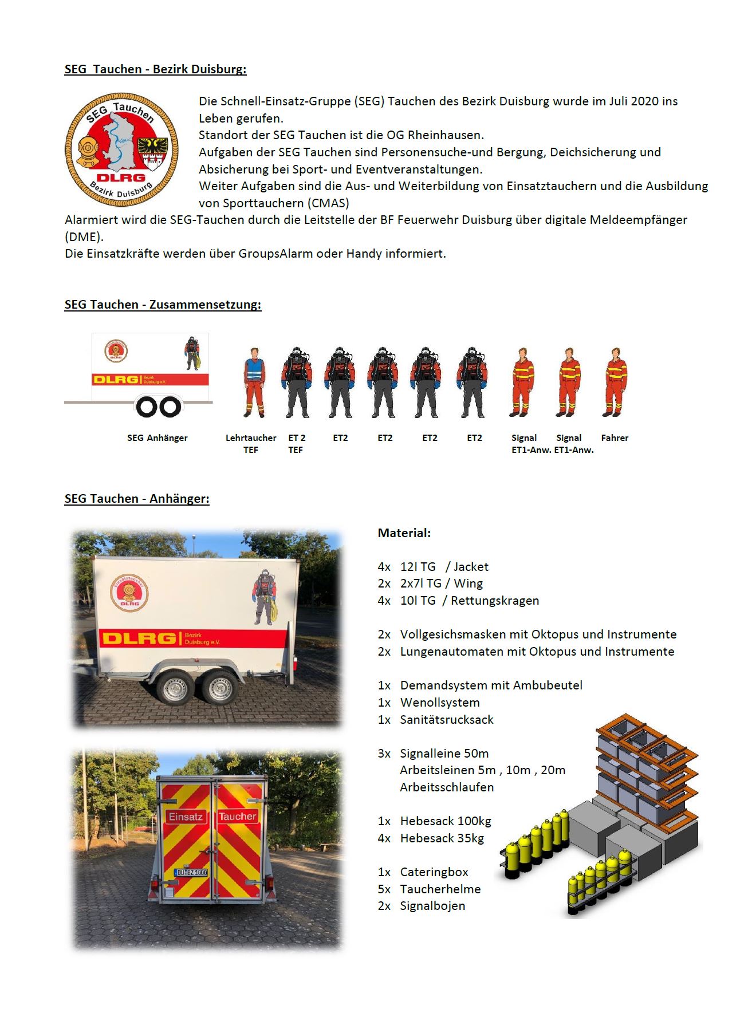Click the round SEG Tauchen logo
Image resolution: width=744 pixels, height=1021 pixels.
click(x=122, y=150)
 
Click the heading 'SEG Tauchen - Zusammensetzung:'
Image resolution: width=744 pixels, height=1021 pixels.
click(x=163, y=305)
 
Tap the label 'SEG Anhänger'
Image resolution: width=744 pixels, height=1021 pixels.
click(x=158, y=438)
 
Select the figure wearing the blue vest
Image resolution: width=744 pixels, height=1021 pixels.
click(x=254, y=383)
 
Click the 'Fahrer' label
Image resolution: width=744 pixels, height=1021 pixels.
click(x=615, y=438)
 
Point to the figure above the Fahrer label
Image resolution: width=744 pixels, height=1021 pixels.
click(x=615, y=383)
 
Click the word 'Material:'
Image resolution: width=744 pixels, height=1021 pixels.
click(x=404, y=533)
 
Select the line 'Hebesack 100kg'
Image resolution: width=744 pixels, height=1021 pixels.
click(x=446, y=821)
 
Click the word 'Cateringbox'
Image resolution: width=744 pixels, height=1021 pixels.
click(x=434, y=872)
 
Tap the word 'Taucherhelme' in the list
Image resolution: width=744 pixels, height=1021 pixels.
click(x=440, y=889)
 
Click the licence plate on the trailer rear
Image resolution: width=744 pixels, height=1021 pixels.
click(x=192, y=872)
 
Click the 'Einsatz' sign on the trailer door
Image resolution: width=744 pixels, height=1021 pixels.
click(x=186, y=817)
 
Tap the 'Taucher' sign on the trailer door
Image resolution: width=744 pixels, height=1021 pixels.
click(x=237, y=817)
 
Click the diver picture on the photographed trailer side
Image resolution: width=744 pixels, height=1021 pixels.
click(x=263, y=597)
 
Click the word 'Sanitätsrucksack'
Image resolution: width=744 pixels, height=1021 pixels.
click(x=447, y=720)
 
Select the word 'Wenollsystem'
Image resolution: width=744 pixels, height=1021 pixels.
click(x=440, y=703)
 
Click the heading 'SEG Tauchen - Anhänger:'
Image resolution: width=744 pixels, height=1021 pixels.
click(x=137, y=499)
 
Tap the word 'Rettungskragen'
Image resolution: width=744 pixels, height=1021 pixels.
click(x=495, y=601)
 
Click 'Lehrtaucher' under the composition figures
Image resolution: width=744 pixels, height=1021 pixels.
click(x=251, y=438)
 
